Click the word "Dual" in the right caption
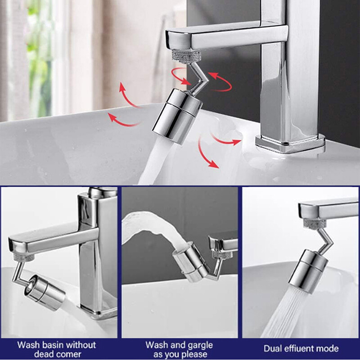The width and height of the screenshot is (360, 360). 273,349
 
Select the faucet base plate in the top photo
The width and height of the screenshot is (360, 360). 290,143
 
